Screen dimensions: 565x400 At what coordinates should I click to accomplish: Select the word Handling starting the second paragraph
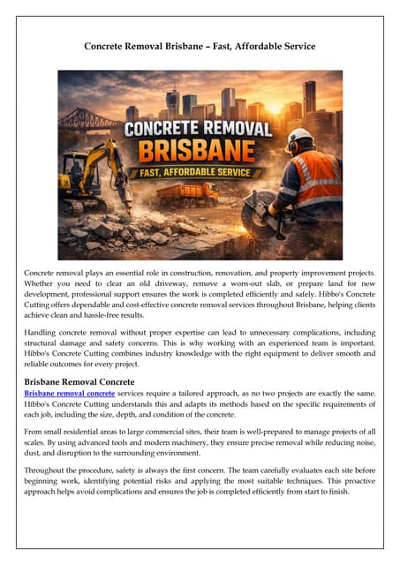[45, 333]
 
